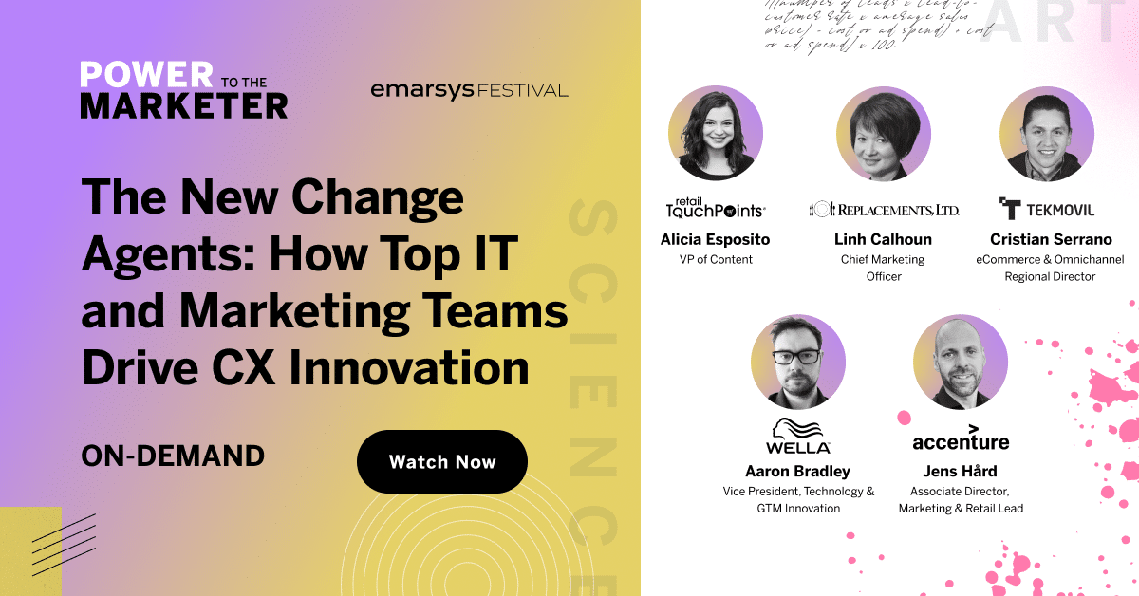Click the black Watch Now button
(x=442, y=462)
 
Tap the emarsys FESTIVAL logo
(x=469, y=91)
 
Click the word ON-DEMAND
(x=173, y=456)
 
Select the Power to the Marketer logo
(x=183, y=90)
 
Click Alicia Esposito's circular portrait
(x=715, y=133)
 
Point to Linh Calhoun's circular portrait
(x=883, y=133)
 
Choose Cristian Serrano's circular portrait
(x=1047, y=133)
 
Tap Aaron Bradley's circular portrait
(x=797, y=362)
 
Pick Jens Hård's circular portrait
(x=960, y=362)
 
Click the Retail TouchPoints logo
(x=715, y=207)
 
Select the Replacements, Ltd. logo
(x=884, y=209)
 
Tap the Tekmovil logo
(x=1047, y=209)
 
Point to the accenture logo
(x=961, y=439)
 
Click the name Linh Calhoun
(x=884, y=239)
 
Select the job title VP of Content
(x=715, y=259)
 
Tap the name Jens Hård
(x=961, y=471)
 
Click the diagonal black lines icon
(x=63, y=545)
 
